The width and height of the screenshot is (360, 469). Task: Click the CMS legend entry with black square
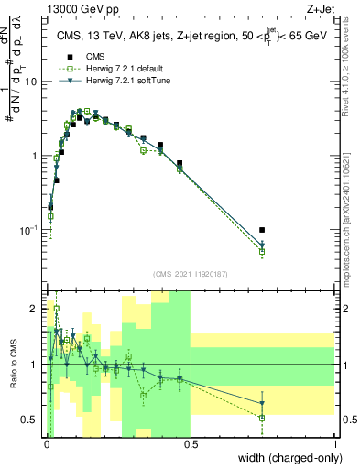[92, 55]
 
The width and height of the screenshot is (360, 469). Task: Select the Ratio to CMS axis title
[12, 365]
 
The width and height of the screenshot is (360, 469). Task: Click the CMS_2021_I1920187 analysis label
[191, 274]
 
